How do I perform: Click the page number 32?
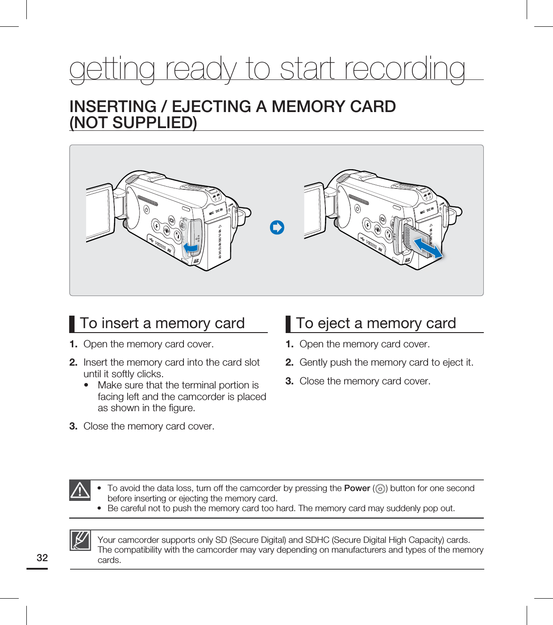(x=42, y=558)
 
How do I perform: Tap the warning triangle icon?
(x=80, y=490)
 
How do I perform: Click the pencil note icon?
(x=80, y=540)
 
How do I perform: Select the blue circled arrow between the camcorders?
(x=277, y=228)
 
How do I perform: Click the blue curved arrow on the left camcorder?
(x=191, y=247)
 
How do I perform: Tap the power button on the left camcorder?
(x=146, y=209)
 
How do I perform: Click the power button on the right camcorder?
(x=358, y=208)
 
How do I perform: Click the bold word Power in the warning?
(x=357, y=488)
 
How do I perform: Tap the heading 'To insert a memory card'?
(x=162, y=323)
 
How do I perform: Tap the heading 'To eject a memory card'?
(x=376, y=323)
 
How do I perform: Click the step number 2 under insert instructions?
(x=73, y=362)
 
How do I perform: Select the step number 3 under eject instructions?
(x=289, y=381)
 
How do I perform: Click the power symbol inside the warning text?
(x=380, y=489)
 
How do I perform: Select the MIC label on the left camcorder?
(x=211, y=212)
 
